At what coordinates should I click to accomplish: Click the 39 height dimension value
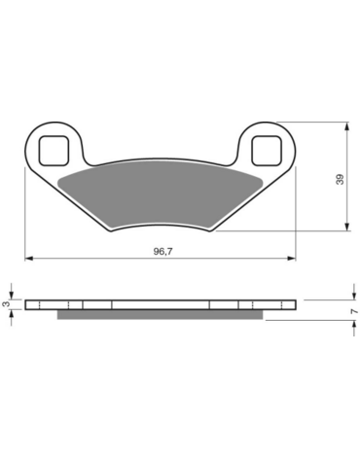(340, 180)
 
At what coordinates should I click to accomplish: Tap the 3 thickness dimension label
(6, 304)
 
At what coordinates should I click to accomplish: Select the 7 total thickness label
(355, 311)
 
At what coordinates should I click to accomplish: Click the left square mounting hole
(54, 151)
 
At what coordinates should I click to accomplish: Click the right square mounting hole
(267, 151)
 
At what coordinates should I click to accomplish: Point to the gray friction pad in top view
(161, 193)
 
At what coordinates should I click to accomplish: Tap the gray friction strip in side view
(161, 314)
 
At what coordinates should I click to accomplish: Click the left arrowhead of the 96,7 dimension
(29, 259)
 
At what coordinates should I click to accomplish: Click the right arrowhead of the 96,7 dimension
(292, 259)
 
